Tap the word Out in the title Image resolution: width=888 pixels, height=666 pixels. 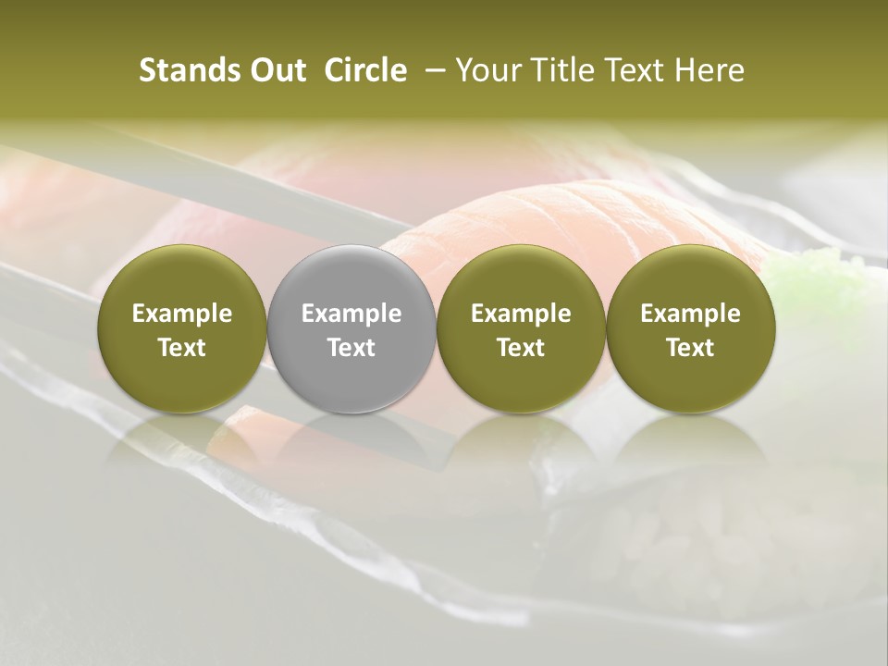(x=276, y=70)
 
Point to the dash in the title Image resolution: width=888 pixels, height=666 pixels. (x=430, y=71)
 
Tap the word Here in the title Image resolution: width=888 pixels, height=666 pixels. (x=709, y=70)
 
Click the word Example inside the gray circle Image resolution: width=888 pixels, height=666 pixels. (x=351, y=314)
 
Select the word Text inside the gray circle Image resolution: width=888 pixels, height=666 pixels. (x=351, y=348)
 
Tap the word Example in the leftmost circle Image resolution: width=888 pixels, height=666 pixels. (x=182, y=314)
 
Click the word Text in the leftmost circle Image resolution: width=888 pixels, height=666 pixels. (x=182, y=348)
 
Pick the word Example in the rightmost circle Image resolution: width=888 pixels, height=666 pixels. (x=690, y=314)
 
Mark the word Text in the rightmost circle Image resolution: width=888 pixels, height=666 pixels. (x=690, y=348)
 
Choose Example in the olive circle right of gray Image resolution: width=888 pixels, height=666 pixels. (x=521, y=314)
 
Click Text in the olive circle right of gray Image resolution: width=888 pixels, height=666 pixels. (x=521, y=348)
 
